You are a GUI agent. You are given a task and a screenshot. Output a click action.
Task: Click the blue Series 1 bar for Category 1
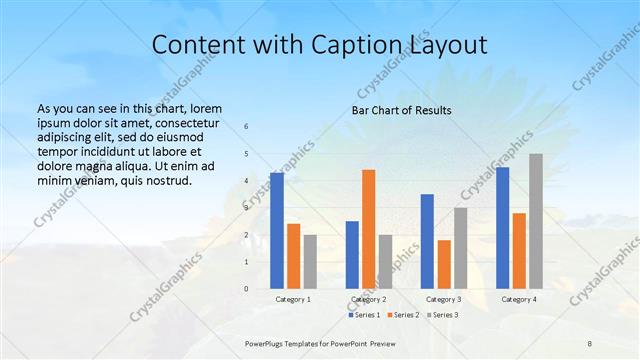click(x=277, y=230)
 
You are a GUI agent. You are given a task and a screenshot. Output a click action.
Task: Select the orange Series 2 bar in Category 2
click(x=369, y=229)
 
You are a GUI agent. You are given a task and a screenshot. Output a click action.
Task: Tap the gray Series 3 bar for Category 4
click(x=536, y=221)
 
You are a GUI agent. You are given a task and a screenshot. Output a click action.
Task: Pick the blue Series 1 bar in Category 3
click(x=427, y=241)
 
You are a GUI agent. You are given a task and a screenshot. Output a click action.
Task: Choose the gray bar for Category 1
click(x=310, y=261)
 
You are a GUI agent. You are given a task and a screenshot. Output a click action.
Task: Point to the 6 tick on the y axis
click(x=247, y=127)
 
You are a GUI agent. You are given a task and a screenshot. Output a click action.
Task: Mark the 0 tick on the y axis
click(x=247, y=289)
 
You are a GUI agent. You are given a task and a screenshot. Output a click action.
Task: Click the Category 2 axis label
click(x=368, y=299)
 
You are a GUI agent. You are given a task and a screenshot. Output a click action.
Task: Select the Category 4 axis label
click(x=518, y=299)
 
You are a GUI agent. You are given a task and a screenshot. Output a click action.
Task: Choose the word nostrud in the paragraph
click(x=165, y=181)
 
